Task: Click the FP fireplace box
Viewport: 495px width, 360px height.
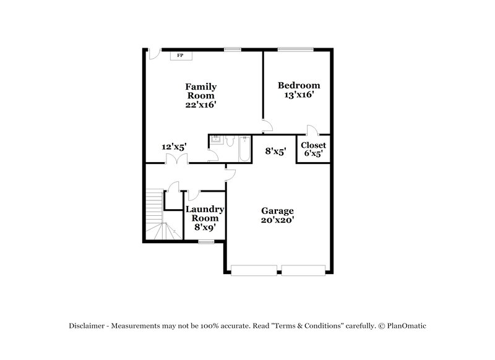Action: [x=181, y=56]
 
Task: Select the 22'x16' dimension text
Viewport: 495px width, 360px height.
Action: [x=200, y=105]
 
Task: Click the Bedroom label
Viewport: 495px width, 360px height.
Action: [x=298, y=85]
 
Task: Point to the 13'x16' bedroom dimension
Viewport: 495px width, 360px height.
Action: [x=298, y=95]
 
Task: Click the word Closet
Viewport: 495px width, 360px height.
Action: [x=313, y=145]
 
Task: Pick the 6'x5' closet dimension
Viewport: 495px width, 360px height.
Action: [x=313, y=154]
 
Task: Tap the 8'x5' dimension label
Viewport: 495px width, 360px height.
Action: [x=275, y=150]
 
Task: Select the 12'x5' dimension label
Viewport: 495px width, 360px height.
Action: [x=174, y=147]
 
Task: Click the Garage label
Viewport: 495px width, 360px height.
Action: [x=277, y=210]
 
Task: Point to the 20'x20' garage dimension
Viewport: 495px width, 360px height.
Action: [x=277, y=220]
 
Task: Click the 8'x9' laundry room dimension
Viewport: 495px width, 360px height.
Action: [x=204, y=227]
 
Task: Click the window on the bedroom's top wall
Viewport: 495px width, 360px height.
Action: [x=295, y=49]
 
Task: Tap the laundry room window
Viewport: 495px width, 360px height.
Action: [x=205, y=242]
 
